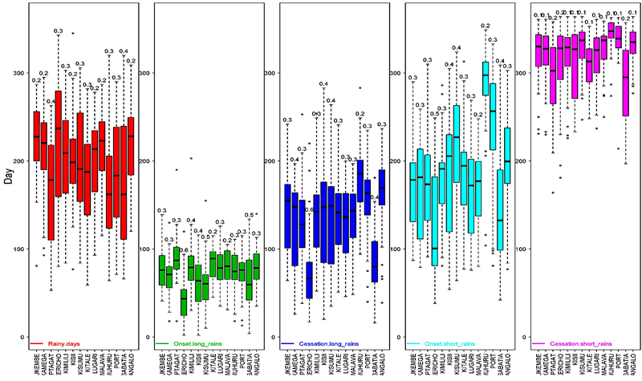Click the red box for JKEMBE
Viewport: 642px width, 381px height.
(37, 136)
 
